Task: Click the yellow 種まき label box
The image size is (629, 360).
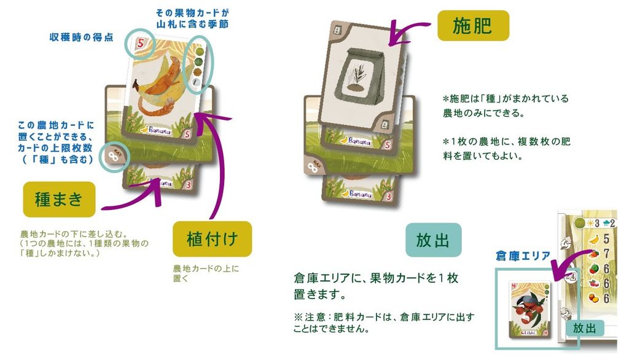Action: [59, 199]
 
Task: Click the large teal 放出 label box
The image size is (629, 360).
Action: [432, 240]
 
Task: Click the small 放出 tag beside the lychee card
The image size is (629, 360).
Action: [584, 328]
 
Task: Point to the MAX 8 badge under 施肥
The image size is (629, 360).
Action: [313, 166]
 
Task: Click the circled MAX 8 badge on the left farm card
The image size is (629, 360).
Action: [114, 156]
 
